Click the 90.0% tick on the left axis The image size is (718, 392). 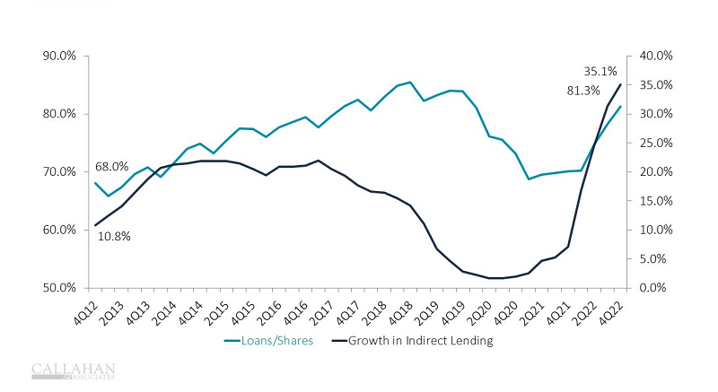pyautogui.click(x=62, y=56)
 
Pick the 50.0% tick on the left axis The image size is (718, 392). pyautogui.click(x=62, y=288)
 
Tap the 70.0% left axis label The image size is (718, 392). pyautogui.click(x=62, y=171)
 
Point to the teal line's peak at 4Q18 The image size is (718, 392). pyautogui.click(x=410, y=83)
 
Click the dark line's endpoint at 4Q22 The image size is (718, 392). pyautogui.click(x=620, y=84)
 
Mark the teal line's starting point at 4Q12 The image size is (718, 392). pyautogui.click(x=95, y=183)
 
